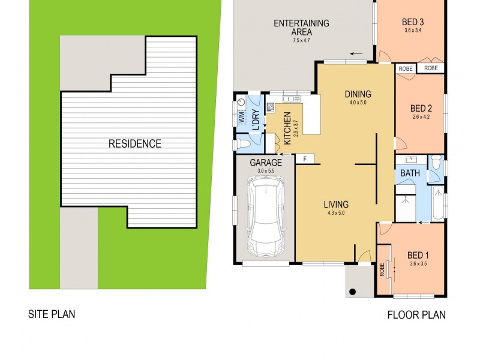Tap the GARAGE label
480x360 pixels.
pyautogui.click(x=266, y=163)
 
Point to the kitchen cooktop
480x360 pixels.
pyautogui.click(x=271, y=108)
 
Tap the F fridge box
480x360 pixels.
pyautogui.click(x=305, y=159)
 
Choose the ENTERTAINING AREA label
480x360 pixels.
pyautogui.click(x=301, y=28)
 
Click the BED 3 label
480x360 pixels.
pyautogui.click(x=413, y=23)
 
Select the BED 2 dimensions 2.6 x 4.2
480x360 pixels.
pyautogui.click(x=421, y=118)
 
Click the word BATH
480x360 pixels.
pyautogui.click(x=410, y=174)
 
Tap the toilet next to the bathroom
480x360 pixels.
pyautogui.click(x=436, y=163)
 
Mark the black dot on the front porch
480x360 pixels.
pyautogui.click(x=353, y=292)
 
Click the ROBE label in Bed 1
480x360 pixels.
pyautogui.click(x=382, y=271)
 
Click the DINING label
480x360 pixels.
pyautogui.click(x=358, y=94)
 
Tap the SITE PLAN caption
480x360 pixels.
pyautogui.click(x=52, y=314)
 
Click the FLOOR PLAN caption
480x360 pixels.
pyautogui.click(x=416, y=314)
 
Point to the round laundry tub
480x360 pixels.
pyautogui.click(x=241, y=103)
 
